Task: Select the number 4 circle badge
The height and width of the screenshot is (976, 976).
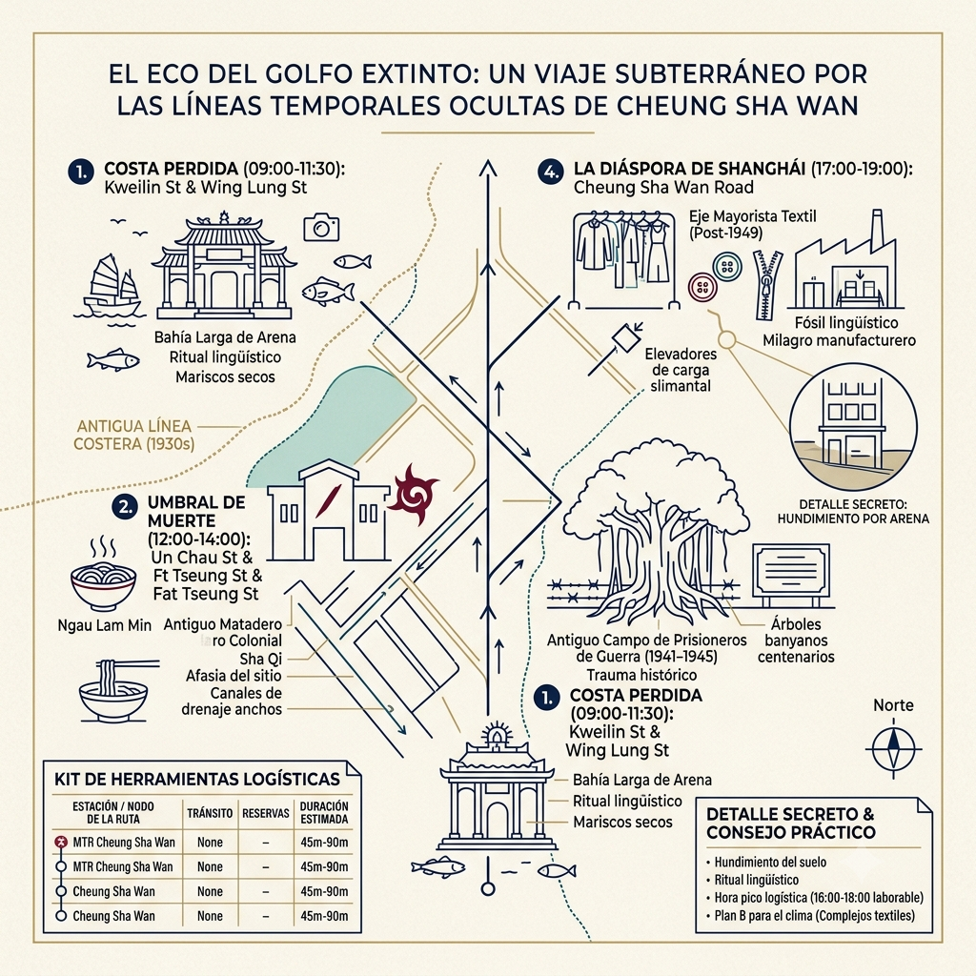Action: pos(551,172)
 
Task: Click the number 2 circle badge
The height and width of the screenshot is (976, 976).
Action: pos(126,507)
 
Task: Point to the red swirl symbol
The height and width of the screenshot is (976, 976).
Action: pos(413,495)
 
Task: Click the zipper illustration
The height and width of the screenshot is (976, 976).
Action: pos(767,284)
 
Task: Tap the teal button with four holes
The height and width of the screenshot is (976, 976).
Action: pos(727,267)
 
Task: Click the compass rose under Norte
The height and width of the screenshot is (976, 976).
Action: pos(894,748)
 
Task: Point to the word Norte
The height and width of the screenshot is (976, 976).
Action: pos(893,705)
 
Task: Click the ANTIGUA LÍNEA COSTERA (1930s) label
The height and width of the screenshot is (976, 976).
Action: pos(133,435)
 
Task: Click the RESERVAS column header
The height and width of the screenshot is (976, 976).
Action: pos(266,813)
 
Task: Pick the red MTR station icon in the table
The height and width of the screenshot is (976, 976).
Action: pos(61,843)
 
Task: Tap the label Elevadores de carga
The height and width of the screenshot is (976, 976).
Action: pos(681,362)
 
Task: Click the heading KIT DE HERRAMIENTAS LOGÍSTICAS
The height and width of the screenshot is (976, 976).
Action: pos(196,780)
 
